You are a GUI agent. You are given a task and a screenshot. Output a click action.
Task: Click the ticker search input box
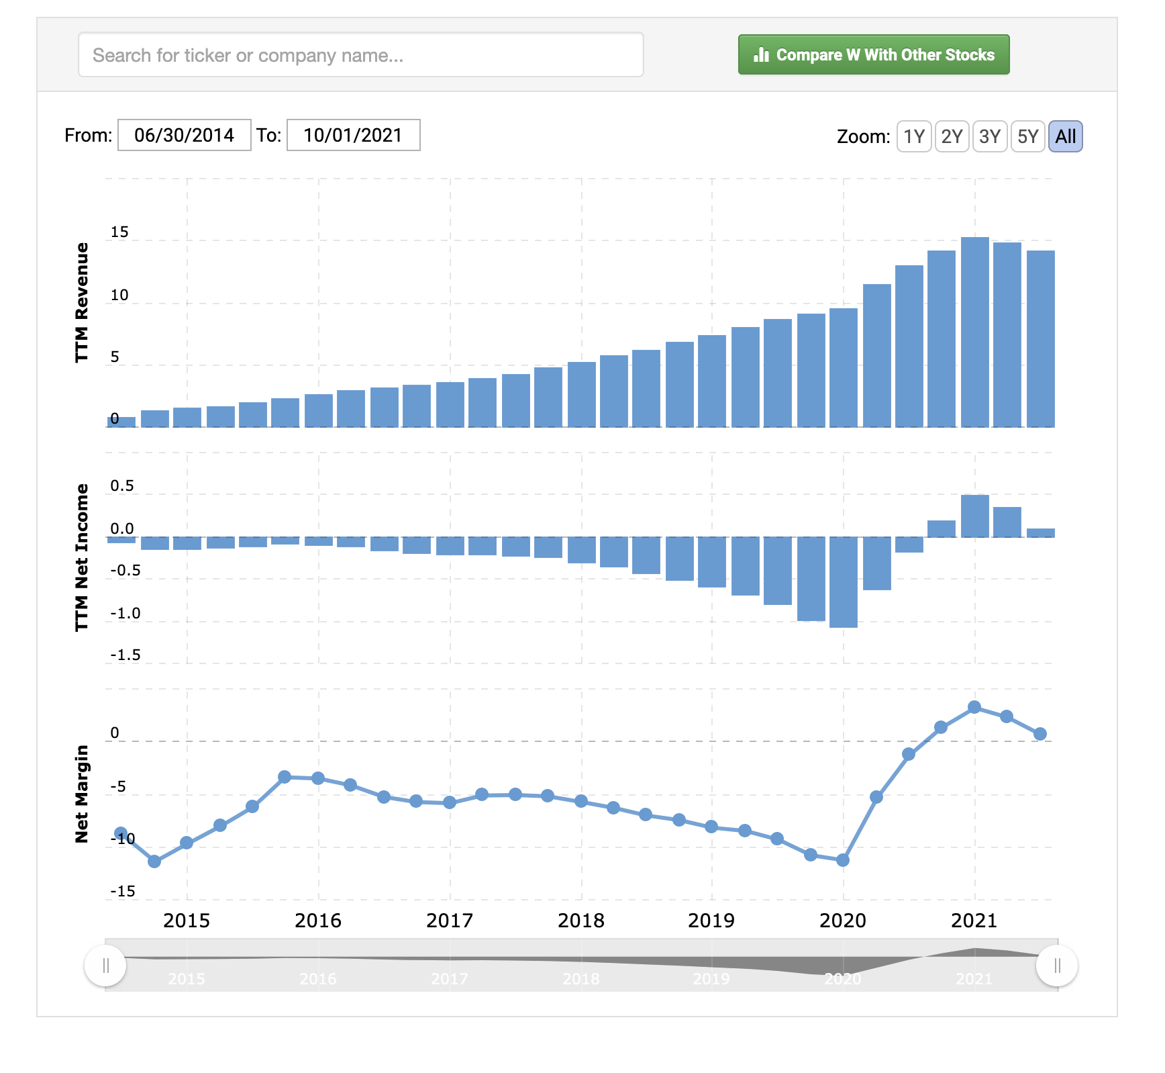(x=360, y=54)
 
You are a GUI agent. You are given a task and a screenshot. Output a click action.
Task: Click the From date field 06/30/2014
(x=184, y=135)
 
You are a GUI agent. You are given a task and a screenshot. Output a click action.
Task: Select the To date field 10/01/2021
(x=353, y=135)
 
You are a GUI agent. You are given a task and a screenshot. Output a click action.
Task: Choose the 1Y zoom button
(x=913, y=136)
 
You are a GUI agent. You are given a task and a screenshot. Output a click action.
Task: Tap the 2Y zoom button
(x=951, y=136)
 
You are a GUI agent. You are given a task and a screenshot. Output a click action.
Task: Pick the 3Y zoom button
(x=989, y=136)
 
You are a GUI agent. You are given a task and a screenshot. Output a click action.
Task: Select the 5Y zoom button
(x=1027, y=136)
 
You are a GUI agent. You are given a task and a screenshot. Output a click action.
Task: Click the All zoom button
(x=1065, y=136)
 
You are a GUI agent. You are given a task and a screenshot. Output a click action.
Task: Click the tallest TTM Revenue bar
(x=974, y=332)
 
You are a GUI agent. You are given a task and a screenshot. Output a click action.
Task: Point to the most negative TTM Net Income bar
(x=843, y=582)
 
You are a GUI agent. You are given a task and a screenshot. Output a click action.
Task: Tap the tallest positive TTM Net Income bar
(x=974, y=516)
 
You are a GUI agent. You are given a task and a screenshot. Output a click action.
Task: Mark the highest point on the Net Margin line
(x=974, y=707)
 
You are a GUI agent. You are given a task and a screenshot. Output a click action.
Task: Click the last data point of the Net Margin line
(x=1040, y=734)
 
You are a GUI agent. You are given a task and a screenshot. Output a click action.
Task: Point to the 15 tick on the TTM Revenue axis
(x=119, y=232)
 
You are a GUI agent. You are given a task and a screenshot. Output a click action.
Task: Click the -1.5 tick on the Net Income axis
(x=125, y=655)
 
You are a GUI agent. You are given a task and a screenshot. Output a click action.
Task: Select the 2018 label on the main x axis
(x=581, y=920)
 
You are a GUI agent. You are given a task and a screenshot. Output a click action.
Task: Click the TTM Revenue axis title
(x=81, y=302)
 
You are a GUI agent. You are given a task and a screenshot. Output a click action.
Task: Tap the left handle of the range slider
(x=105, y=966)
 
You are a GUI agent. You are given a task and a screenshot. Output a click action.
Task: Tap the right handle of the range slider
(x=1057, y=966)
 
